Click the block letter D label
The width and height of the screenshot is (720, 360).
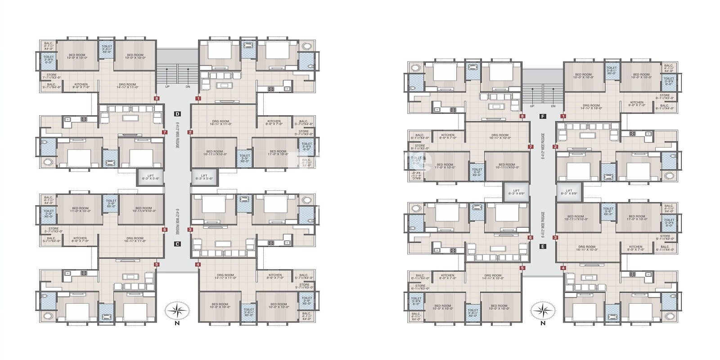tap(178, 114)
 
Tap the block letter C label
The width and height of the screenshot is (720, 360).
tap(178, 244)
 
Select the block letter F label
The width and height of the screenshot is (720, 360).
tap(543, 116)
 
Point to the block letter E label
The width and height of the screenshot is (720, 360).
tap(543, 246)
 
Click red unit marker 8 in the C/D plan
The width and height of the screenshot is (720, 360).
tap(157, 98)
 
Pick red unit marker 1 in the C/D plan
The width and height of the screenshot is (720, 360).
tap(198, 98)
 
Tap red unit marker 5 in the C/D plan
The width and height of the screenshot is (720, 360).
tap(157, 265)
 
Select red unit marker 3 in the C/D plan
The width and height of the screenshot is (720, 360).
tap(190, 229)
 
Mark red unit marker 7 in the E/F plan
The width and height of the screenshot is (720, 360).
tap(531, 147)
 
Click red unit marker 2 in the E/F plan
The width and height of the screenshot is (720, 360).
tap(555, 147)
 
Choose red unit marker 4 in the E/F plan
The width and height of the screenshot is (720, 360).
tap(563, 268)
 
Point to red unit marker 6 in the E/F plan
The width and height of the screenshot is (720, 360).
tap(531, 238)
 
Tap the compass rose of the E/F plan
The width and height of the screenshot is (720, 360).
tap(542, 310)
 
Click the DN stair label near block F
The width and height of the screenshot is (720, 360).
tap(553, 106)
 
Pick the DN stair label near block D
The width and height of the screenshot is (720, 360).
tap(188, 86)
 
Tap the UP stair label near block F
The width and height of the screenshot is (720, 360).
tap(532, 106)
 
